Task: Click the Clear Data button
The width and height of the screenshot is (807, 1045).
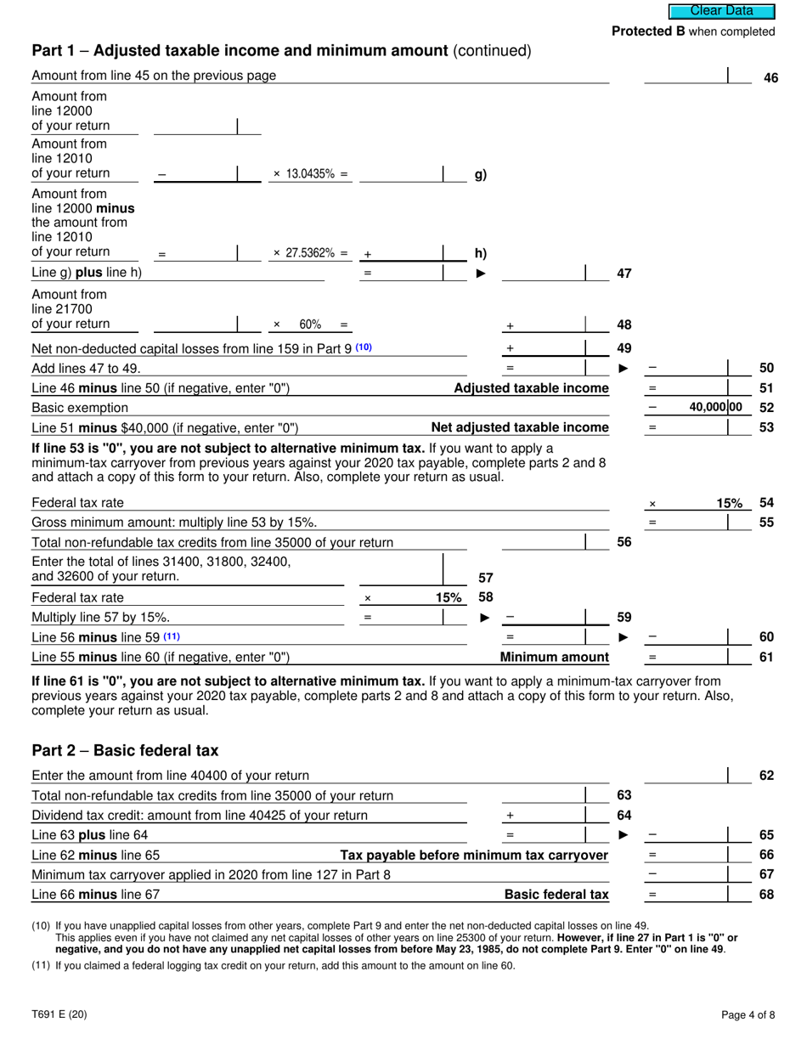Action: pos(721,11)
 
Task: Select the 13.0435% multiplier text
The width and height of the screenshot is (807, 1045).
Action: pos(310,174)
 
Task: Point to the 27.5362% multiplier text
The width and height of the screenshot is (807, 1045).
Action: pos(310,253)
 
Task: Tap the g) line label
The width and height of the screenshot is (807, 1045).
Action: pos(480,174)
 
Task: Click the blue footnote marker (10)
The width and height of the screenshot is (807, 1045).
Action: pos(364,347)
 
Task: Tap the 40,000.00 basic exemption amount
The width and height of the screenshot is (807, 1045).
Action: pos(714,408)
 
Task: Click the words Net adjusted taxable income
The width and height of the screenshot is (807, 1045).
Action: pos(520,427)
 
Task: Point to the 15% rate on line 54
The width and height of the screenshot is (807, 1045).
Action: pos(729,504)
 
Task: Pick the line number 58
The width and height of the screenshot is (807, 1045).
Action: pos(486,597)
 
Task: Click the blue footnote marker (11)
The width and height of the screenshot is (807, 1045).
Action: pos(172,636)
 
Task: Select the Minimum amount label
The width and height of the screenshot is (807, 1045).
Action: pos(554,657)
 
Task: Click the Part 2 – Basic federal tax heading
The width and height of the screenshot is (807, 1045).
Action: pos(125,751)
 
